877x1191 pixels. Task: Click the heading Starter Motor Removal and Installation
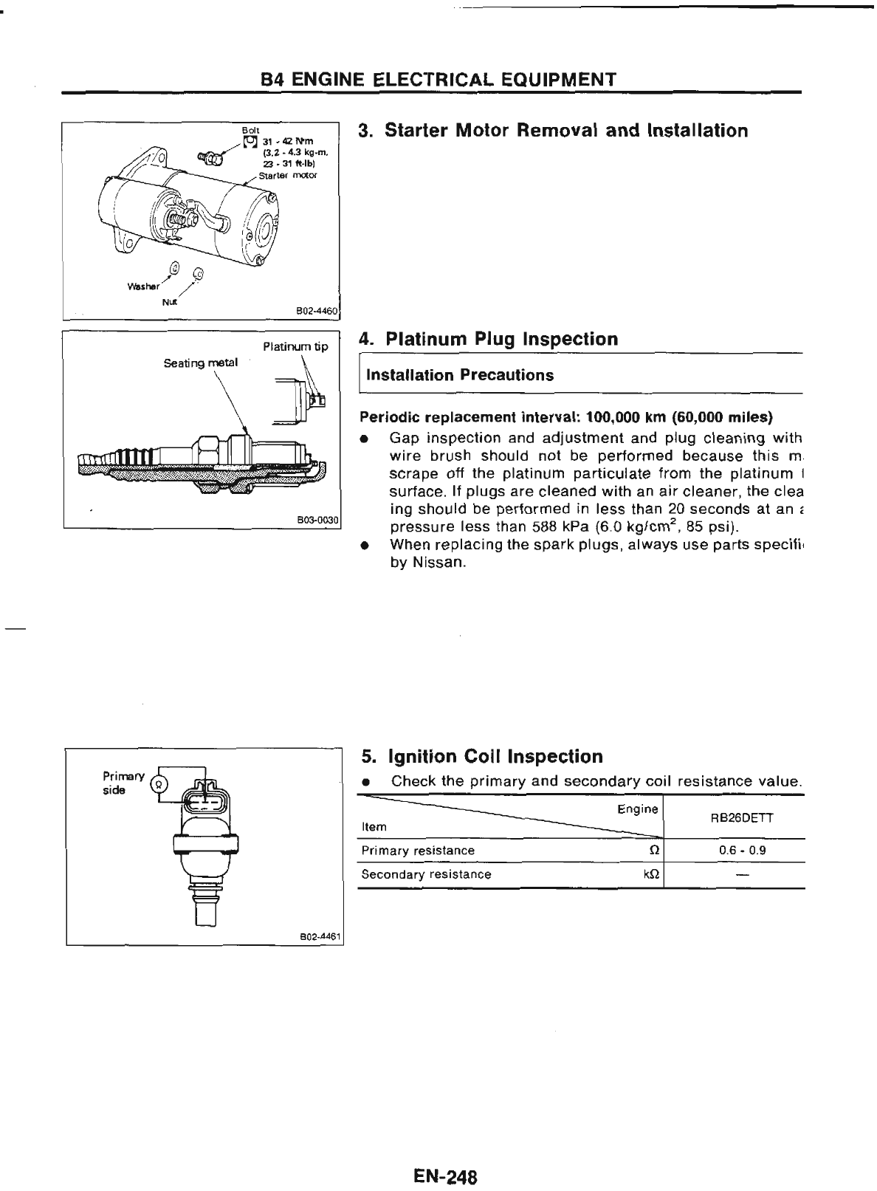click(553, 131)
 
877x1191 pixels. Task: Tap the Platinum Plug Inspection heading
click(488, 339)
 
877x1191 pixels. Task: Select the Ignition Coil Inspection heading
click(482, 756)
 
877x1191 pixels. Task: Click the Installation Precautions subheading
click(460, 375)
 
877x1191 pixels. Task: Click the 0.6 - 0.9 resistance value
click(743, 850)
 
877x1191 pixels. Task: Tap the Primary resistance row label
click(418, 851)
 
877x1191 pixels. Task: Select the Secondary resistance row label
click(426, 874)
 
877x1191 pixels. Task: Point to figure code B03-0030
click(317, 520)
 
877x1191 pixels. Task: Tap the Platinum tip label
click(295, 347)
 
